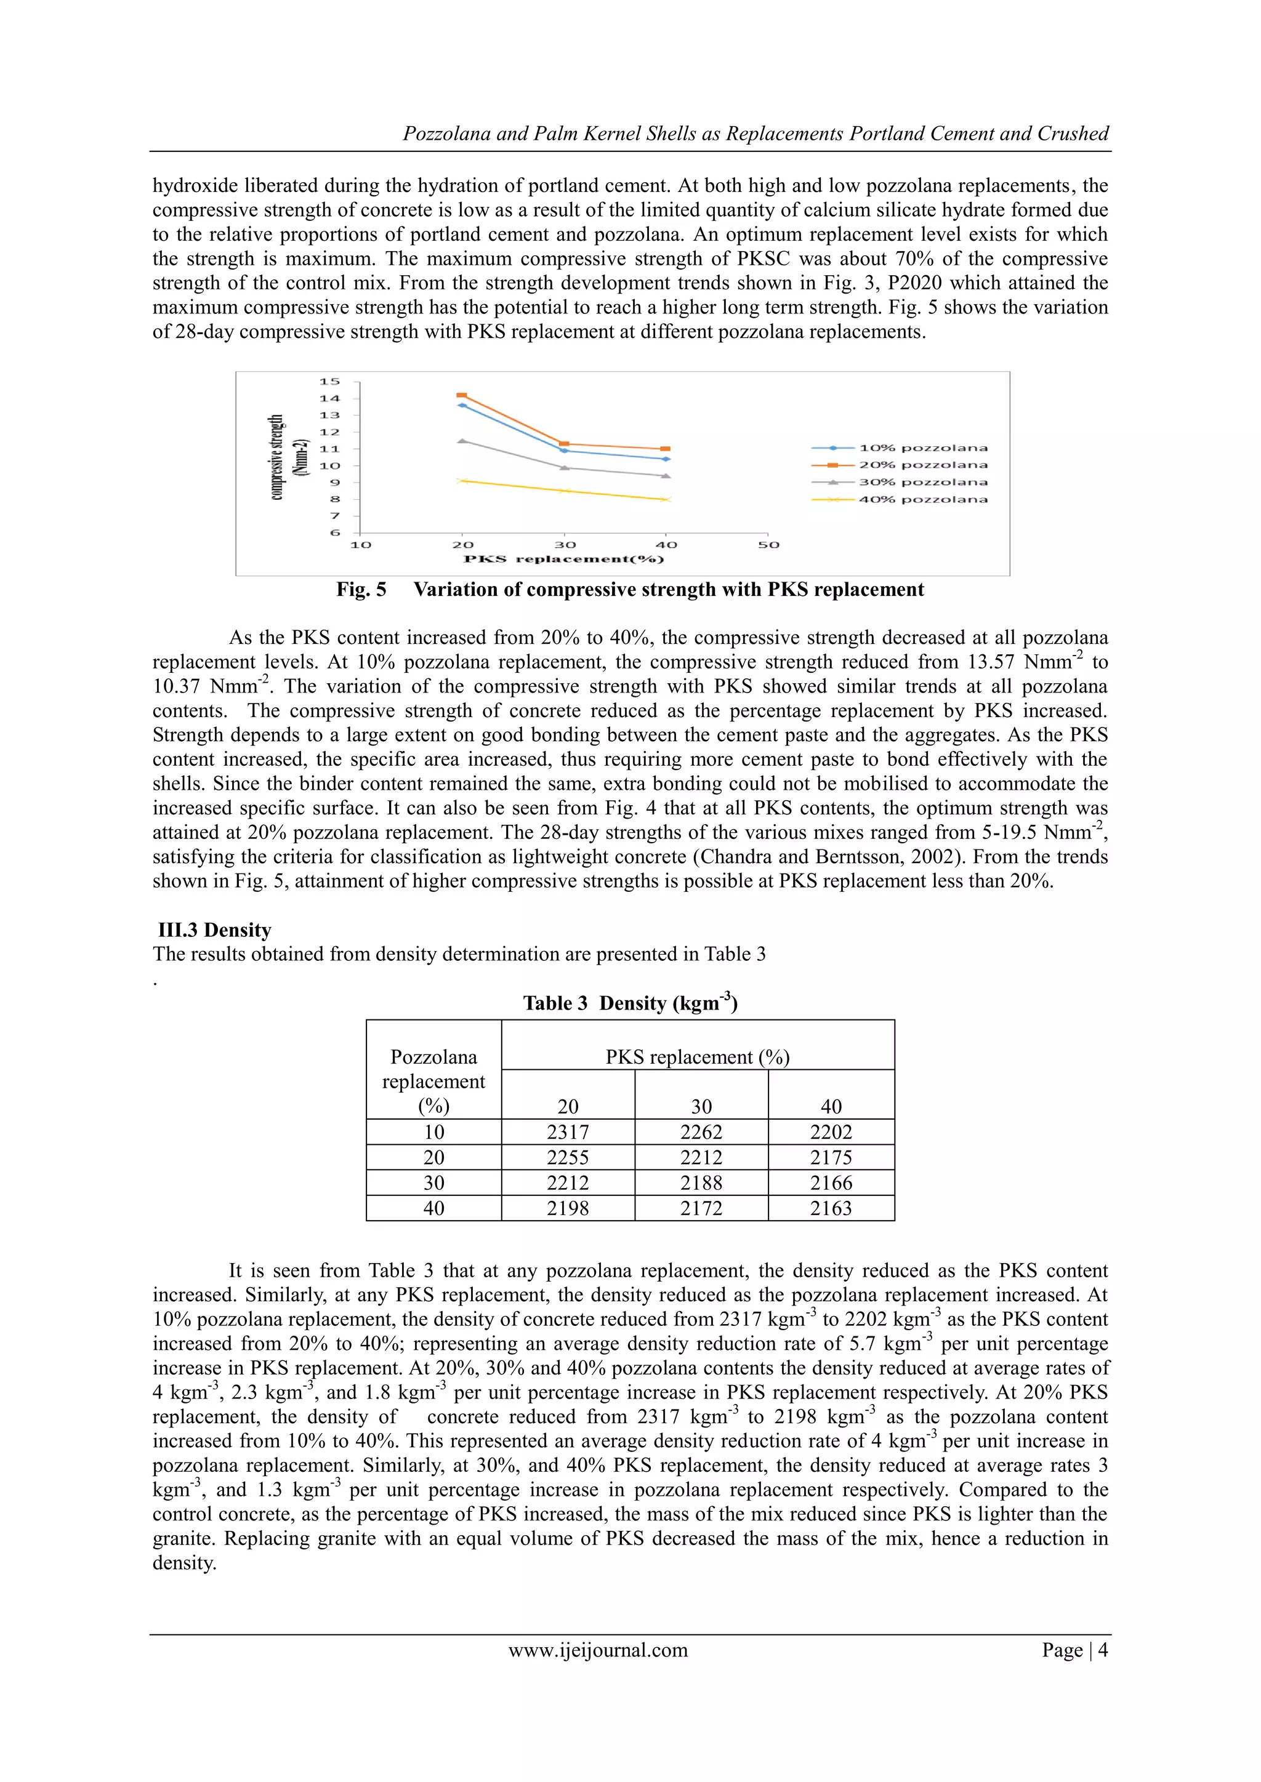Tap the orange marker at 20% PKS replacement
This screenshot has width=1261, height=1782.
462,396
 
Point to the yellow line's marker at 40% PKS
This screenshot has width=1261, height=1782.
666,500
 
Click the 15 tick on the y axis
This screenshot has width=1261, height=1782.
330,381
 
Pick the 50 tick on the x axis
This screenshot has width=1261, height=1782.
768,545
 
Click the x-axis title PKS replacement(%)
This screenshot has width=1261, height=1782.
564,559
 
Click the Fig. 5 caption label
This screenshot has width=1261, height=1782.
361,589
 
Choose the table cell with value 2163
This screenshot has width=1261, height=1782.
831,1208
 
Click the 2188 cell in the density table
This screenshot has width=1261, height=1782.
701,1183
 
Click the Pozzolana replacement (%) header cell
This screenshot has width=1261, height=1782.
433,1081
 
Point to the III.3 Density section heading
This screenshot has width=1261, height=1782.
214,930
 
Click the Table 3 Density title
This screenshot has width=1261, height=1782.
630,1003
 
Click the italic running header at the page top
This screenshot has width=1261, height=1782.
755,134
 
